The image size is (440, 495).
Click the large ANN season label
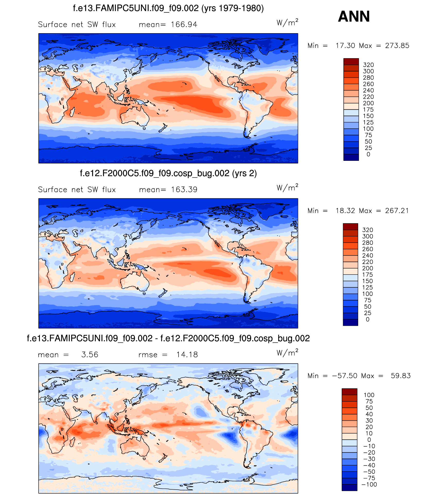click(x=354, y=16)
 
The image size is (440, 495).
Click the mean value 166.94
click(x=184, y=25)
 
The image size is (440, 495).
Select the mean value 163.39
click(x=184, y=190)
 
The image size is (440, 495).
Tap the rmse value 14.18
click(x=187, y=355)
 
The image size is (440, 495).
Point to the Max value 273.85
click(x=397, y=46)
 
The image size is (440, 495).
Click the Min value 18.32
click(x=345, y=211)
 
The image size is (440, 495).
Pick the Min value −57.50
click(x=345, y=376)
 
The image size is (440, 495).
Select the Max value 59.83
click(x=401, y=376)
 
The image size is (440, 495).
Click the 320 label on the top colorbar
click(x=368, y=65)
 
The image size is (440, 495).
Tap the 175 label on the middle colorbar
click(x=367, y=275)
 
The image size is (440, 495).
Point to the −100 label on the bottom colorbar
click(x=369, y=484)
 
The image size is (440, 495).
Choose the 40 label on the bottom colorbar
click(x=369, y=414)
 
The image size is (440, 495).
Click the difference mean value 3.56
click(x=90, y=355)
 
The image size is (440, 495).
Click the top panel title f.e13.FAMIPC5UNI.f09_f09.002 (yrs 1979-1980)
click(x=168, y=8)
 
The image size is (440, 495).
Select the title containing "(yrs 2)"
click(x=168, y=173)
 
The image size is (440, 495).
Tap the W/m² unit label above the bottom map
click(x=287, y=352)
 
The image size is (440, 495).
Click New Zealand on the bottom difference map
click(x=163, y=458)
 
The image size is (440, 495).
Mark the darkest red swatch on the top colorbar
click(x=351, y=61)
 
